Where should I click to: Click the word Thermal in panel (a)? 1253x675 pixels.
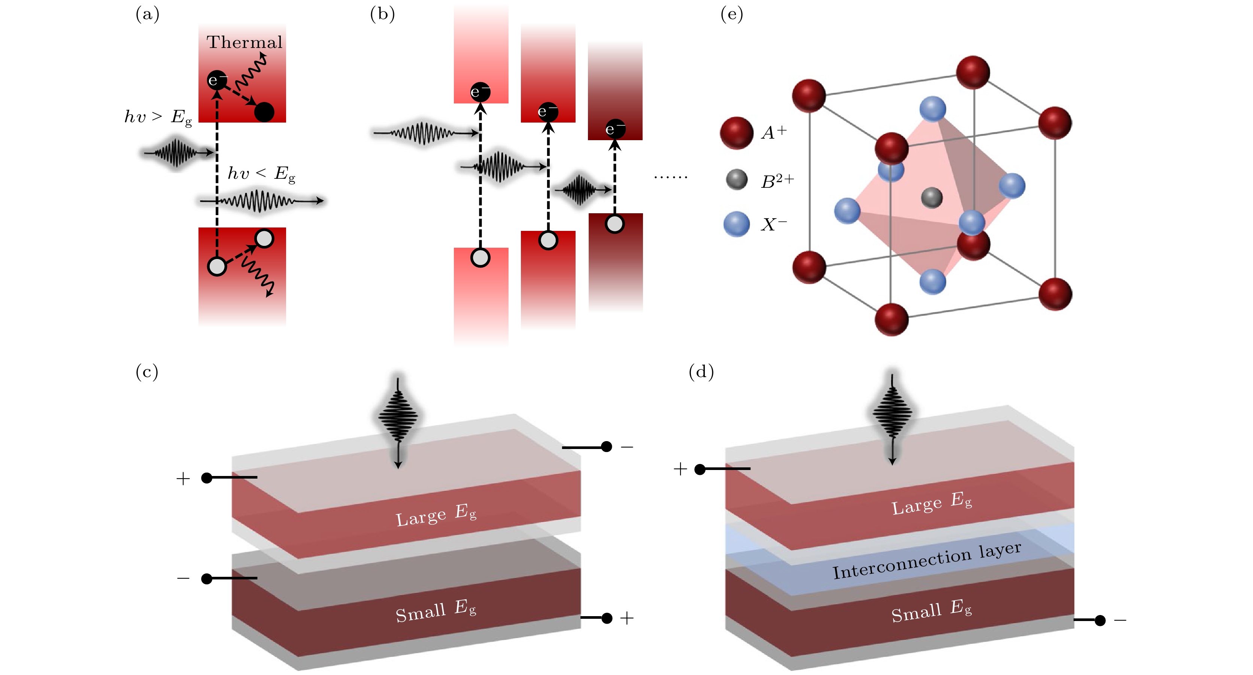244,42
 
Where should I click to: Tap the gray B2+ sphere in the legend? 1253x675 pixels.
737,180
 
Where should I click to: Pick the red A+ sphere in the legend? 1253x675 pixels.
737,132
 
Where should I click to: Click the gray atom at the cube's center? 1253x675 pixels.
931,198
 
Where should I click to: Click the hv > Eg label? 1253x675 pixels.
158,117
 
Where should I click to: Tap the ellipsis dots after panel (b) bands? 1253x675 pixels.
670,177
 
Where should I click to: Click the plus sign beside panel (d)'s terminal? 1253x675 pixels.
680,469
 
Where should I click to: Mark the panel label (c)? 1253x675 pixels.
147,372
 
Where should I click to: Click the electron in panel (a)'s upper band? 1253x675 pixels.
217,80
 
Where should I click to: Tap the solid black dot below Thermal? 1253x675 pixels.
264,112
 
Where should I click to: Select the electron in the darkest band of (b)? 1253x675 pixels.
615,129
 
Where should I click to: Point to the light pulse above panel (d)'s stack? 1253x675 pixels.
892,413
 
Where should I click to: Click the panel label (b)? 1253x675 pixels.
382,14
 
